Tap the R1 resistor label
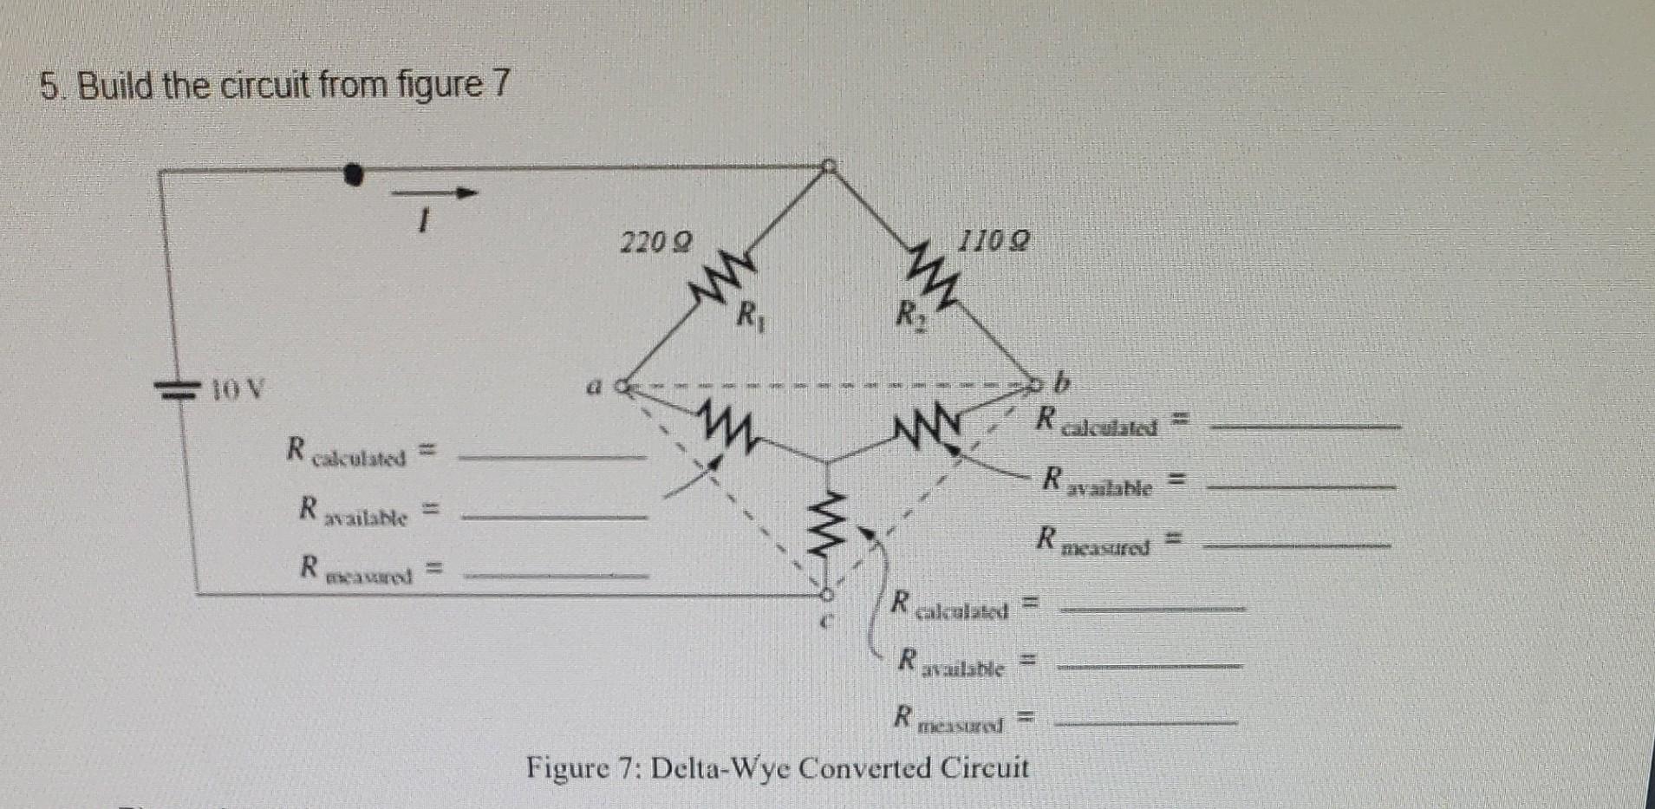746,315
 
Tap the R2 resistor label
905,313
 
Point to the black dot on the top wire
352,174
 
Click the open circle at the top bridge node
829,165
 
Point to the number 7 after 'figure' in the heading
501,85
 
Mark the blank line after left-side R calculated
552,455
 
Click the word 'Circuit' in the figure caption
984,768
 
